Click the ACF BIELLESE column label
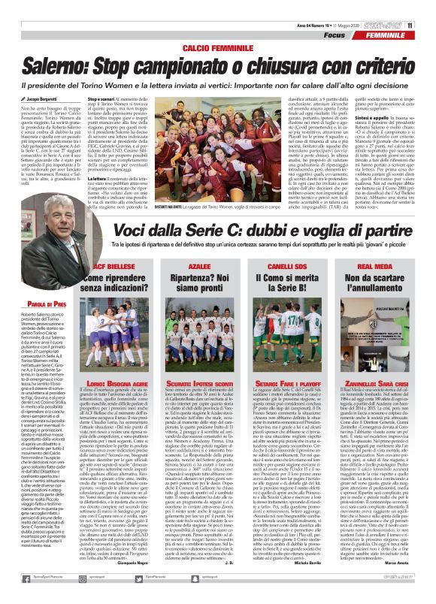click(x=105, y=245)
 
